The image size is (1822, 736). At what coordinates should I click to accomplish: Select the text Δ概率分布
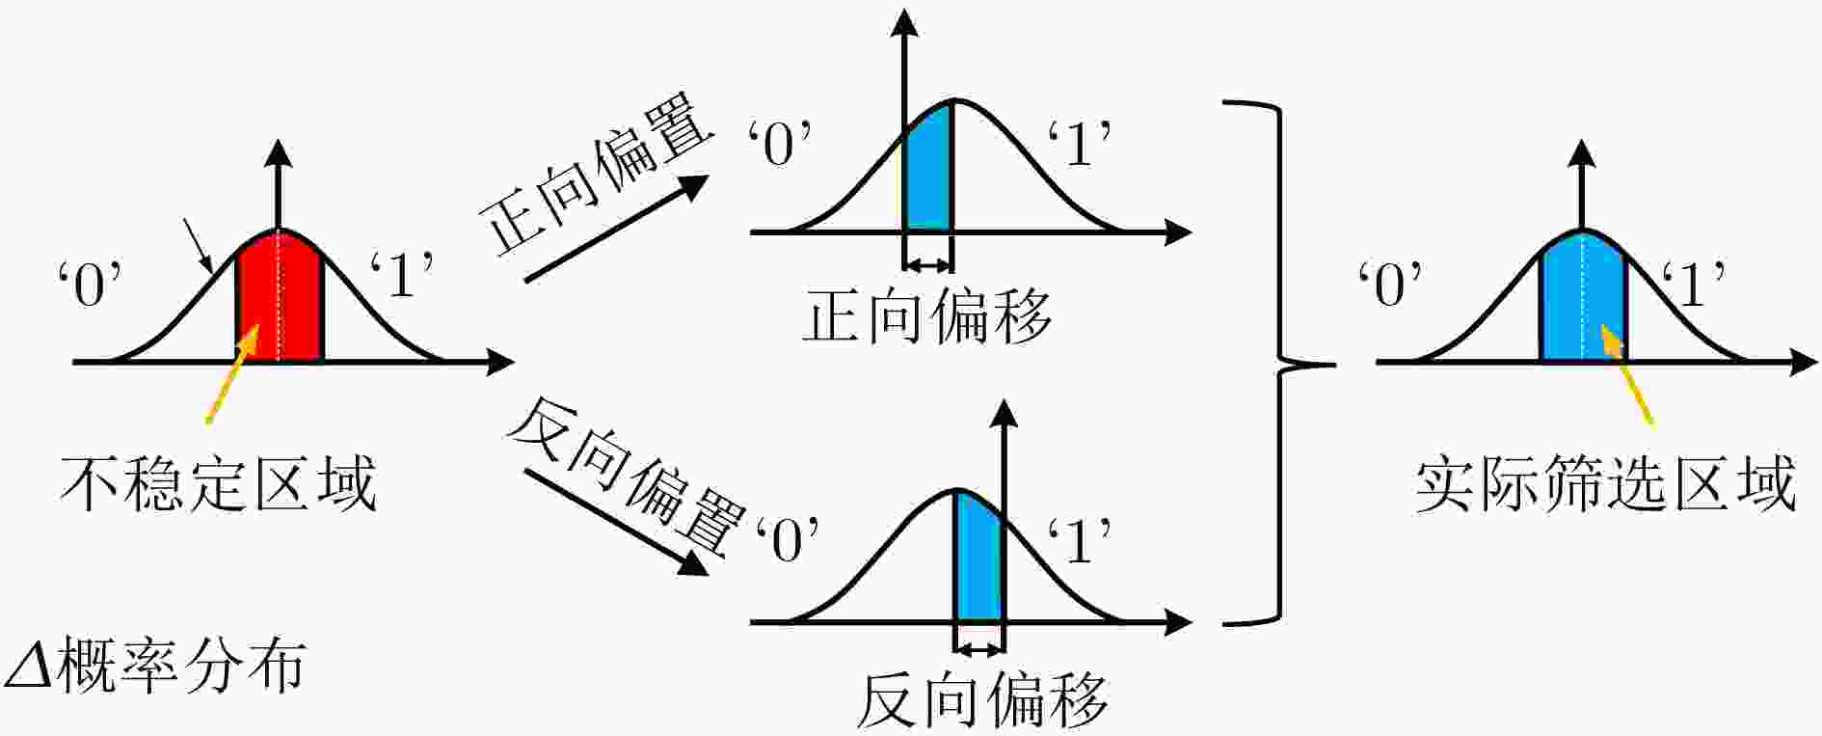[154, 665]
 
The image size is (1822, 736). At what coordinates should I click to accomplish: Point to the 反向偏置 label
[627, 488]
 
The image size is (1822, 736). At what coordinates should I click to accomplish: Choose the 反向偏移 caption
[982, 700]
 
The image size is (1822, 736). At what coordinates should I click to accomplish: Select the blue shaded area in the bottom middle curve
[979, 560]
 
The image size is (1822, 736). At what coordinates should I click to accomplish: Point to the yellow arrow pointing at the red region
[232, 374]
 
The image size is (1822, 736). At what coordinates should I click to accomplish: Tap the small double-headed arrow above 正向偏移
[927, 266]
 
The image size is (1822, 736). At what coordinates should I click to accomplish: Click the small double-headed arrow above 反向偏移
[979, 650]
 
